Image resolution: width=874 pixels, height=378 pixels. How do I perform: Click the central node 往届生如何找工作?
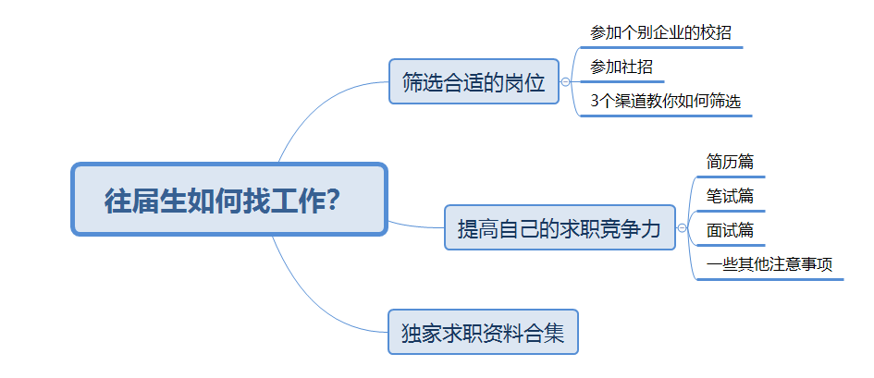tap(229, 200)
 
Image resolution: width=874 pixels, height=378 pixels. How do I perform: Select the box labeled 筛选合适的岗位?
tap(474, 81)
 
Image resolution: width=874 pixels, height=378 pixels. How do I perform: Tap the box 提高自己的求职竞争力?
tap(560, 227)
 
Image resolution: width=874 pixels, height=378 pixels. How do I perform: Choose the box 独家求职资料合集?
tap(483, 332)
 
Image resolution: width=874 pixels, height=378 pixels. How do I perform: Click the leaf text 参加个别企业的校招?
tap(660, 32)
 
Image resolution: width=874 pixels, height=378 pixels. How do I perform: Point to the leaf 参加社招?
tap(622, 67)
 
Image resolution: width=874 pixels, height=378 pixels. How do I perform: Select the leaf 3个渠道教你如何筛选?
tap(666, 102)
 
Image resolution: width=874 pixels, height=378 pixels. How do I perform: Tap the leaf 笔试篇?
tap(731, 195)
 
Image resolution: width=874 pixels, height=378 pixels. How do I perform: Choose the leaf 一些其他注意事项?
tap(769, 264)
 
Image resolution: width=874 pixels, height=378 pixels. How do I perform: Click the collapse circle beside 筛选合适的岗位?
tap(565, 82)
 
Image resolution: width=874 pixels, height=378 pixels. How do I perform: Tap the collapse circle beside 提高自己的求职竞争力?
tap(682, 227)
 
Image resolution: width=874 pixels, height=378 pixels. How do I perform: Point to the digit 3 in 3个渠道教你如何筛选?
tap(594, 102)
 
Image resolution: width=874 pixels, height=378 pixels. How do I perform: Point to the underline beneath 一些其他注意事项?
tap(769, 279)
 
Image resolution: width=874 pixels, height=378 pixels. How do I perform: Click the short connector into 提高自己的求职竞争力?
tap(415, 226)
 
